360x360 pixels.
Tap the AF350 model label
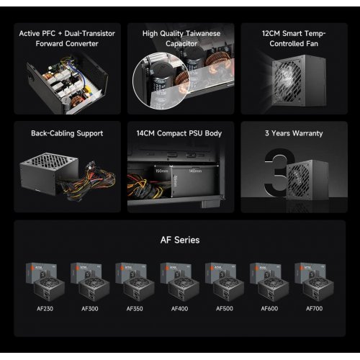click(x=135, y=309)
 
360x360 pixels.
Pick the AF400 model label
click(x=179, y=309)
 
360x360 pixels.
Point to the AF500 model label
click(x=224, y=309)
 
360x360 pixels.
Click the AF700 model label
click(x=314, y=309)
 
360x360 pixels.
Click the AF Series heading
click(x=179, y=240)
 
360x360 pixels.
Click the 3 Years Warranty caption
click(x=294, y=133)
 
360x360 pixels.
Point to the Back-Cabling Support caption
click(x=67, y=133)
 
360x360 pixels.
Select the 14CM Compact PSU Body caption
click(x=181, y=133)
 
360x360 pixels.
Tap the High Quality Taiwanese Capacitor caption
click(x=181, y=37)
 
